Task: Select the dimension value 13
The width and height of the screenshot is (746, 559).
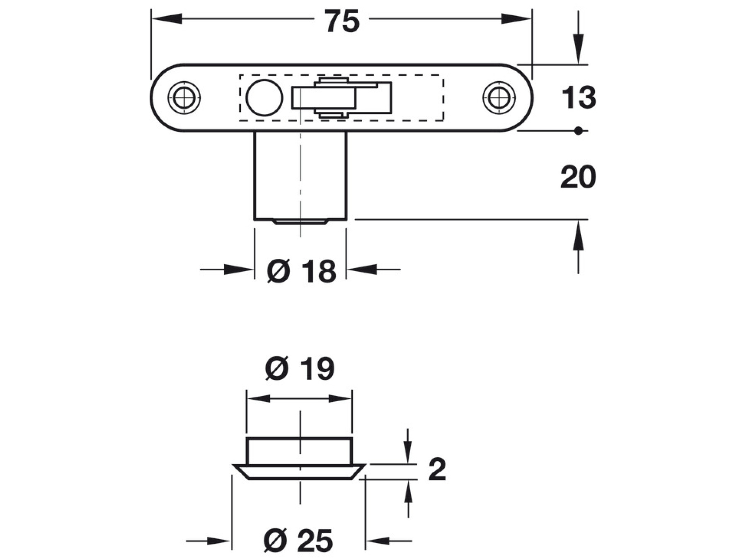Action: click(x=578, y=98)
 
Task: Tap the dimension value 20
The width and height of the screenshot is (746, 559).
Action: click(x=578, y=177)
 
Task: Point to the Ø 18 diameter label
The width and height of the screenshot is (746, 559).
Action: click(x=301, y=272)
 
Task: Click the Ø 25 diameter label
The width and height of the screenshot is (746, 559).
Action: click(x=298, y=540)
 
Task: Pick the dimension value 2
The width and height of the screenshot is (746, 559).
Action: click(x=437, y=470)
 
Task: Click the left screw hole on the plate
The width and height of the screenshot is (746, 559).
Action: click(x=184, y=98)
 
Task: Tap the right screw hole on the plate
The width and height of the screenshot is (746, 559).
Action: click(x=499, y=98)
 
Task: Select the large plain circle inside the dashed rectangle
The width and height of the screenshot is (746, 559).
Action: click(x=264, y=98)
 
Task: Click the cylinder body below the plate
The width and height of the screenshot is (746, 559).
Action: click(x=300, y=176)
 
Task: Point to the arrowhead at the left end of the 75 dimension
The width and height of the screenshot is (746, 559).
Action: click(x=166, y=19)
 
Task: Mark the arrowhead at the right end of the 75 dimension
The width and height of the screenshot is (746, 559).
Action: click(x=516, y=19)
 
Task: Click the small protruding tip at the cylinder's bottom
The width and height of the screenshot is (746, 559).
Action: click(x=300, y=222)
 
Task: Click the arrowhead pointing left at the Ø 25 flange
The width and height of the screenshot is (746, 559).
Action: click(x=379, y=540)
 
